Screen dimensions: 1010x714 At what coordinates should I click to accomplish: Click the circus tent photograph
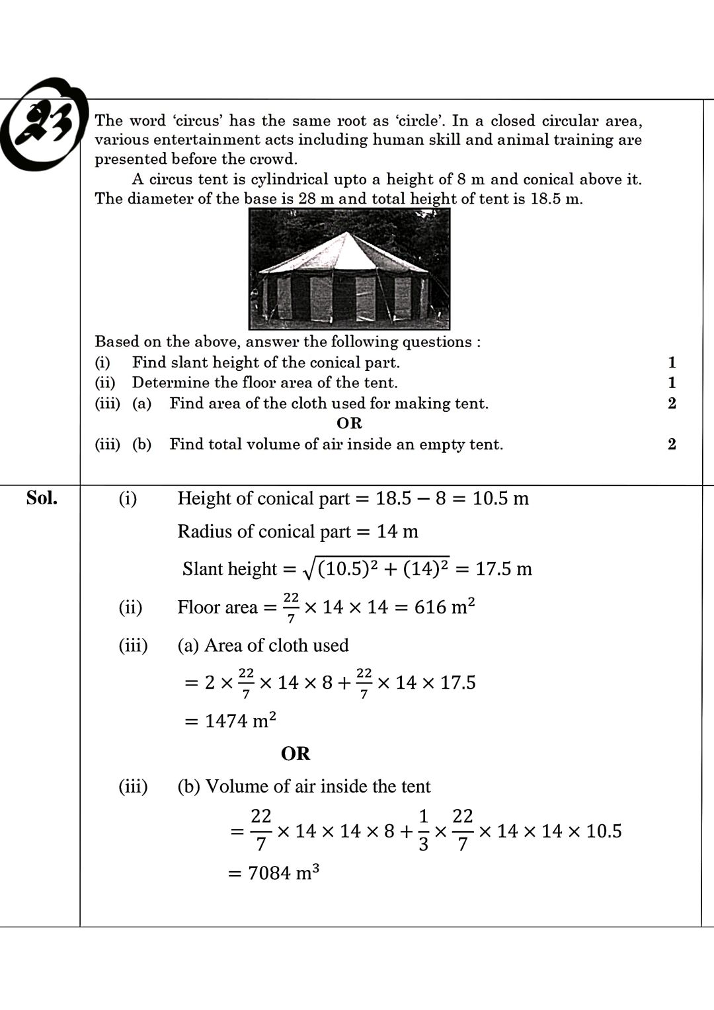[x=349, y=269]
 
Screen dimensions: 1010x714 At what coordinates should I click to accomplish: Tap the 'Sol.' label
[x=42, y=498]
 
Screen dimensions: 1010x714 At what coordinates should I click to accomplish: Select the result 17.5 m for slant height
[x=504, y=569]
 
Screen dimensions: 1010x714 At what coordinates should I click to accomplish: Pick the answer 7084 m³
[x=283, y=873]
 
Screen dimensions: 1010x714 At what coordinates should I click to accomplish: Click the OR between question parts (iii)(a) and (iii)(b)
[x=349, y=423]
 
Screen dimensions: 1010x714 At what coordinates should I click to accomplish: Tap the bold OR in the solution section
[x=296, y=754]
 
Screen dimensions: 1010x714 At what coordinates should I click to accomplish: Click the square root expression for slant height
[x=376, y=568]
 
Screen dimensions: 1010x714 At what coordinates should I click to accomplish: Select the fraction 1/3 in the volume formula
[x=423, y=831]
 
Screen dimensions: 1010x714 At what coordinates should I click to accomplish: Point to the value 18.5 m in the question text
[x=556, y=199]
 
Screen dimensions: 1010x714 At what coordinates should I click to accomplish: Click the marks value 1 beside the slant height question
[x=672, y=362]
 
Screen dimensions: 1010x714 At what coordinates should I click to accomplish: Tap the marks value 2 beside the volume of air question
[x=672, y=444]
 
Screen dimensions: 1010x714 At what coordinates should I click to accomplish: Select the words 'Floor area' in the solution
[x=217, y=607]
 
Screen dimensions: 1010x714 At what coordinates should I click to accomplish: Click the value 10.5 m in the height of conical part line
[x=500, y=498]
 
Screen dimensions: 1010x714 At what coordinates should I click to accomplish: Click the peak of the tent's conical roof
[x=348, y=233]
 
